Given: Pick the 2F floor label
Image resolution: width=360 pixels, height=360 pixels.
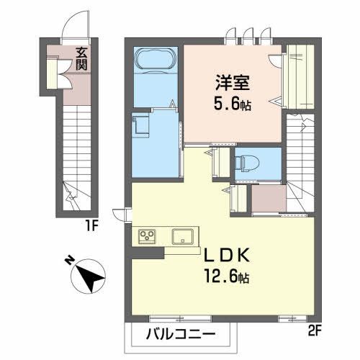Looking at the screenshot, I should (x=315, y=333).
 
